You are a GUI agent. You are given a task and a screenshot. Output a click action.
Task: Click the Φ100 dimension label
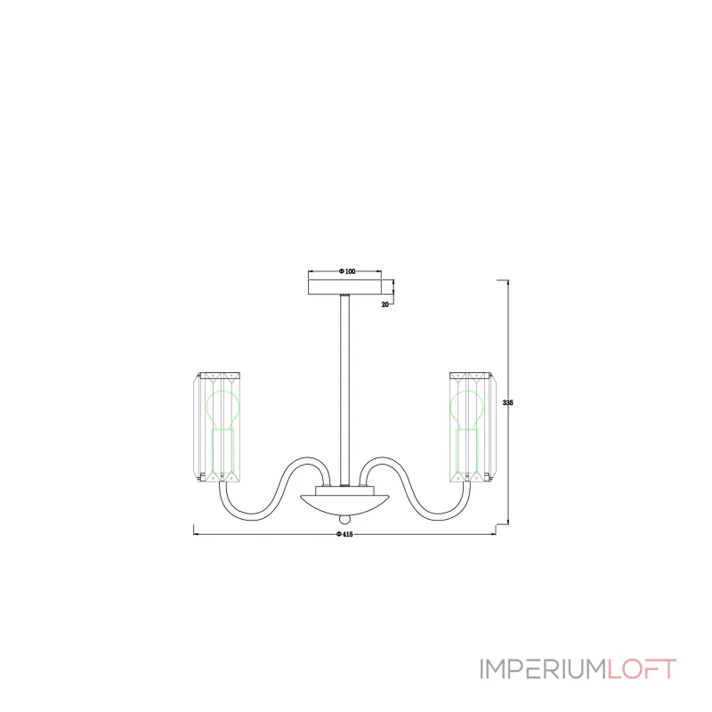tap(347, 271)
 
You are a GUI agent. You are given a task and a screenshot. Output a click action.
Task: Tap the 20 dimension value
tap(385, 304)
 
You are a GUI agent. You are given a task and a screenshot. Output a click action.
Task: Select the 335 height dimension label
tap(507, 403)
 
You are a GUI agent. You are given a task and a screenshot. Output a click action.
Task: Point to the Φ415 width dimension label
tap(344, 535)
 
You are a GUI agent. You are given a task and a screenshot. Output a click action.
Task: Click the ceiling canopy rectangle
tap(344, 287)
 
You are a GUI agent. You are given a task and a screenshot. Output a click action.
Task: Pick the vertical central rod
tap(344, 390)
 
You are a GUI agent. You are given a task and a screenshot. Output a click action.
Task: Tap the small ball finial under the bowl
tap(344, 519)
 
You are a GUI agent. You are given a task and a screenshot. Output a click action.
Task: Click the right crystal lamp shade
tap(473, 427)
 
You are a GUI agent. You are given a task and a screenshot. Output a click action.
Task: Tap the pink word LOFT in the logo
tap(642, 669)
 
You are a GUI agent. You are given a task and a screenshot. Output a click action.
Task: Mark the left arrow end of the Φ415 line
tap(194, 534)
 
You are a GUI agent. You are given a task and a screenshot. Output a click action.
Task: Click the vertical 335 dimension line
tap(507, 402)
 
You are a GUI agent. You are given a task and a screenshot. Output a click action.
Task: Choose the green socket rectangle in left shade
tap(223, 451)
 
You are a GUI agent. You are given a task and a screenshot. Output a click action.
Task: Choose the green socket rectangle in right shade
tap(467, 451)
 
